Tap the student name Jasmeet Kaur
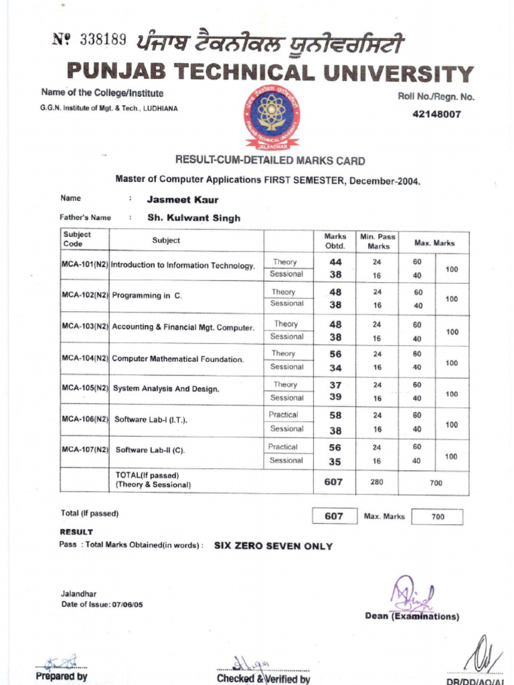(182, 199)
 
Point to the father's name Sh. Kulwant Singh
(193, 218)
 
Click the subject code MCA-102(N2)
(85, 295)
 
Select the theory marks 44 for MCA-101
(335, 262)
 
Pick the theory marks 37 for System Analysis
(335, 385)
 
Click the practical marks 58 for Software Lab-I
(335, 415)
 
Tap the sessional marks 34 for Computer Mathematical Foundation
(335, 367)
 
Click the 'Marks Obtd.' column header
(335, 241)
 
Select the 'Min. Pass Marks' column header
(377, 241)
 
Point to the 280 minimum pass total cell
(377, 482)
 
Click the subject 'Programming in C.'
(147, 295)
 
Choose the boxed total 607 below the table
(334, 516)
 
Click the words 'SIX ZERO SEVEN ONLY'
(273, 546)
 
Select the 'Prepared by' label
(62, 676)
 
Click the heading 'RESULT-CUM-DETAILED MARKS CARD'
(270, 161)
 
